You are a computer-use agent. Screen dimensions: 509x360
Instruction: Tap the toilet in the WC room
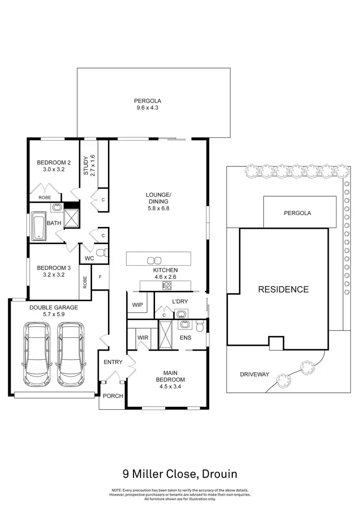pos(100,252)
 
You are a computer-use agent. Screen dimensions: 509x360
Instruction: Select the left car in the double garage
pos(37,350)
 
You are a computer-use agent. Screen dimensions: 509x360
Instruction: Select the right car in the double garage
pos(71,350)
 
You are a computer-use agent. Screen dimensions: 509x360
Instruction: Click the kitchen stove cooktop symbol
pos(167,286)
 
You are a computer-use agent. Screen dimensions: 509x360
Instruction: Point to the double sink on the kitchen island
pos(154,260)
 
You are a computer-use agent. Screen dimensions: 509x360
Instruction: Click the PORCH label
pos(113,396)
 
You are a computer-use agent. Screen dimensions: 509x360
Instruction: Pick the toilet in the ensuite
pos(199,326)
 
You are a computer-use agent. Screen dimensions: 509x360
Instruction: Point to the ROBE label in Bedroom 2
pos(45,197)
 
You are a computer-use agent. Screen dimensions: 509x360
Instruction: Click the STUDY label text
pos(86,166)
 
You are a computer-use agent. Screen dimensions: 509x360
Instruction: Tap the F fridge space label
pos(100,277)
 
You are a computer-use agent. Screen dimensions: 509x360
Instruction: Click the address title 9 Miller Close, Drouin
pos(180,474)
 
